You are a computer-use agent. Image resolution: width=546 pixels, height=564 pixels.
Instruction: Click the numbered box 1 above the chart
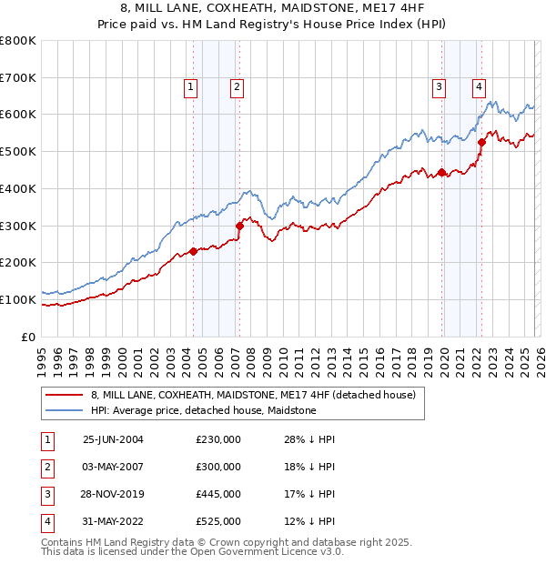191,87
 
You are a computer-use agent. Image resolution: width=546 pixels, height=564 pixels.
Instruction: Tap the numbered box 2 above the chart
236,87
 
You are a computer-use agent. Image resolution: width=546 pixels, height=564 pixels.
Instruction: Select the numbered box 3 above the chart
439,87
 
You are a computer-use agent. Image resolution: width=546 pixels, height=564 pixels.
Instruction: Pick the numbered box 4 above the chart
479,87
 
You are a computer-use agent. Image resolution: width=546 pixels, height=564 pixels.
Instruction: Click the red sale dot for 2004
193,251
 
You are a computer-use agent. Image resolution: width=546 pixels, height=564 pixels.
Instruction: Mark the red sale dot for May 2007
239,226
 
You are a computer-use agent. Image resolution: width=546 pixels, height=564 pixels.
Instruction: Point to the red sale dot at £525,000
481,142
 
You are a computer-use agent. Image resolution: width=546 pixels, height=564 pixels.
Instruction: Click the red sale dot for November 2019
441,172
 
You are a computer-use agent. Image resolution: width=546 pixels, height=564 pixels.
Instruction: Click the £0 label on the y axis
29,337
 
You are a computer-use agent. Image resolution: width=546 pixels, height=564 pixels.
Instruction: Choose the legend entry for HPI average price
202,410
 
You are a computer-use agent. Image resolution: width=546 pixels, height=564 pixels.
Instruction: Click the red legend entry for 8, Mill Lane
253,395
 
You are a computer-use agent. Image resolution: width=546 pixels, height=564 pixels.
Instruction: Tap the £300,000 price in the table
218,467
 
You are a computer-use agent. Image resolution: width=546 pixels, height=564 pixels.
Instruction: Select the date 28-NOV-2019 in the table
113,494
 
